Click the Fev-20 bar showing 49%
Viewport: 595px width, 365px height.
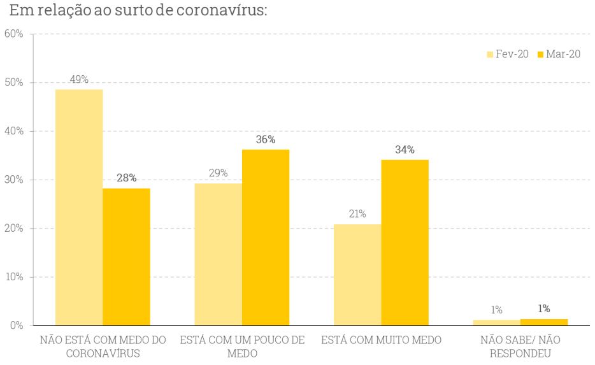(x=79, y=207)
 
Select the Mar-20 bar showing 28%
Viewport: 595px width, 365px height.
(x=126, y=257)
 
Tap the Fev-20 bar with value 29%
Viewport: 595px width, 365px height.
(x=218, y=254)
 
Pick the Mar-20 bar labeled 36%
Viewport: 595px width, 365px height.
(x=266, y=237)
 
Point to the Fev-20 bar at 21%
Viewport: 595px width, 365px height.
(x=357, y=275)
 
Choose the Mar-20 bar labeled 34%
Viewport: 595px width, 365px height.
(x=405, y=242)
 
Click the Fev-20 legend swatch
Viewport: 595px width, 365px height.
(x=490, y=55)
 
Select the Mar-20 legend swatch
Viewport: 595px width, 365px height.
(x=541, y=55)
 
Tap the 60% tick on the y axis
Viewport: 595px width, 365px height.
(x=13, y=34)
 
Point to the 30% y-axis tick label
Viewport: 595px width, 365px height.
(x=13, y=180)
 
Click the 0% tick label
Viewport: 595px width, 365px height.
(x=16, y=326)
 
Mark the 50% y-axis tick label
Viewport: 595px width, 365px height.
(x=13, y=83)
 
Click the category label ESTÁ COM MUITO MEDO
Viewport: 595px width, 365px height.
(x=381, y=340)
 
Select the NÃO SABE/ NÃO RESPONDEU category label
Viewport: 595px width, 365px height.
(x=520, y=347)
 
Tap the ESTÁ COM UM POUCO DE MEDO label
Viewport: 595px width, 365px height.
(x=242, y=347)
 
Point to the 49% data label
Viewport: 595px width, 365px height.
(x=79, y=80)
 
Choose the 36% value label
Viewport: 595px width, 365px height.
(x=266, y=140)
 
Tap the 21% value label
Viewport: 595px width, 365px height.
(x=357, y=214)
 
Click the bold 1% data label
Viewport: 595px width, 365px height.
(x=543, y=309)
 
